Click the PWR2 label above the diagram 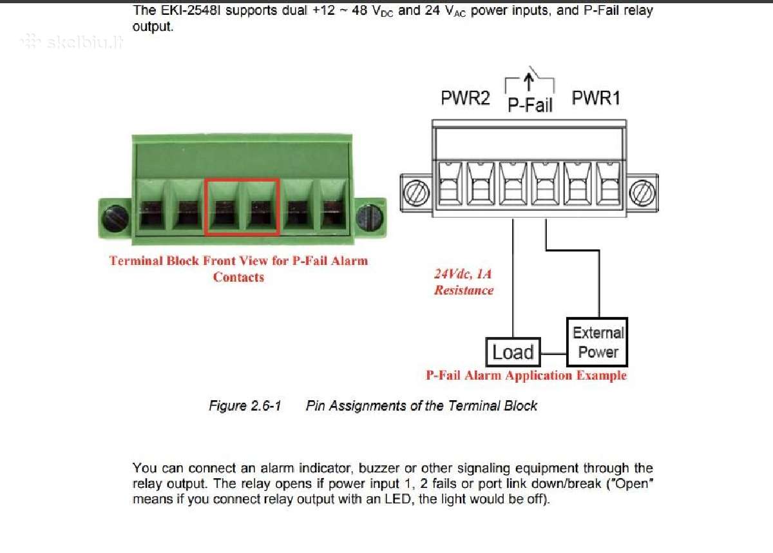(x=465, y=98)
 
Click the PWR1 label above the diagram (x=596, y=98)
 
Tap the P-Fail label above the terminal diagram (x=530, y=105)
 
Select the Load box (x=513, y=352)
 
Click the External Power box (x=597, y=342)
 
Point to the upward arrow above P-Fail (x=528, y=82)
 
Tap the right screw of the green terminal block (x=369, y=218)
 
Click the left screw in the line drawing (x=417, y=193)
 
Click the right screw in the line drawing (x=642, y=193)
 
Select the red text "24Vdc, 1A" (x=463, y=274)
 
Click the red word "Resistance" (x=464, y=290)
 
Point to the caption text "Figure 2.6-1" (x=245, y=405)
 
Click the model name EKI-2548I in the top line (x=190, y=11)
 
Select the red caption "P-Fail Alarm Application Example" (x=526, y=375)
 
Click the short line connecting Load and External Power (x=553, y=354)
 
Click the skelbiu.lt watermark (x=72, y=42)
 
